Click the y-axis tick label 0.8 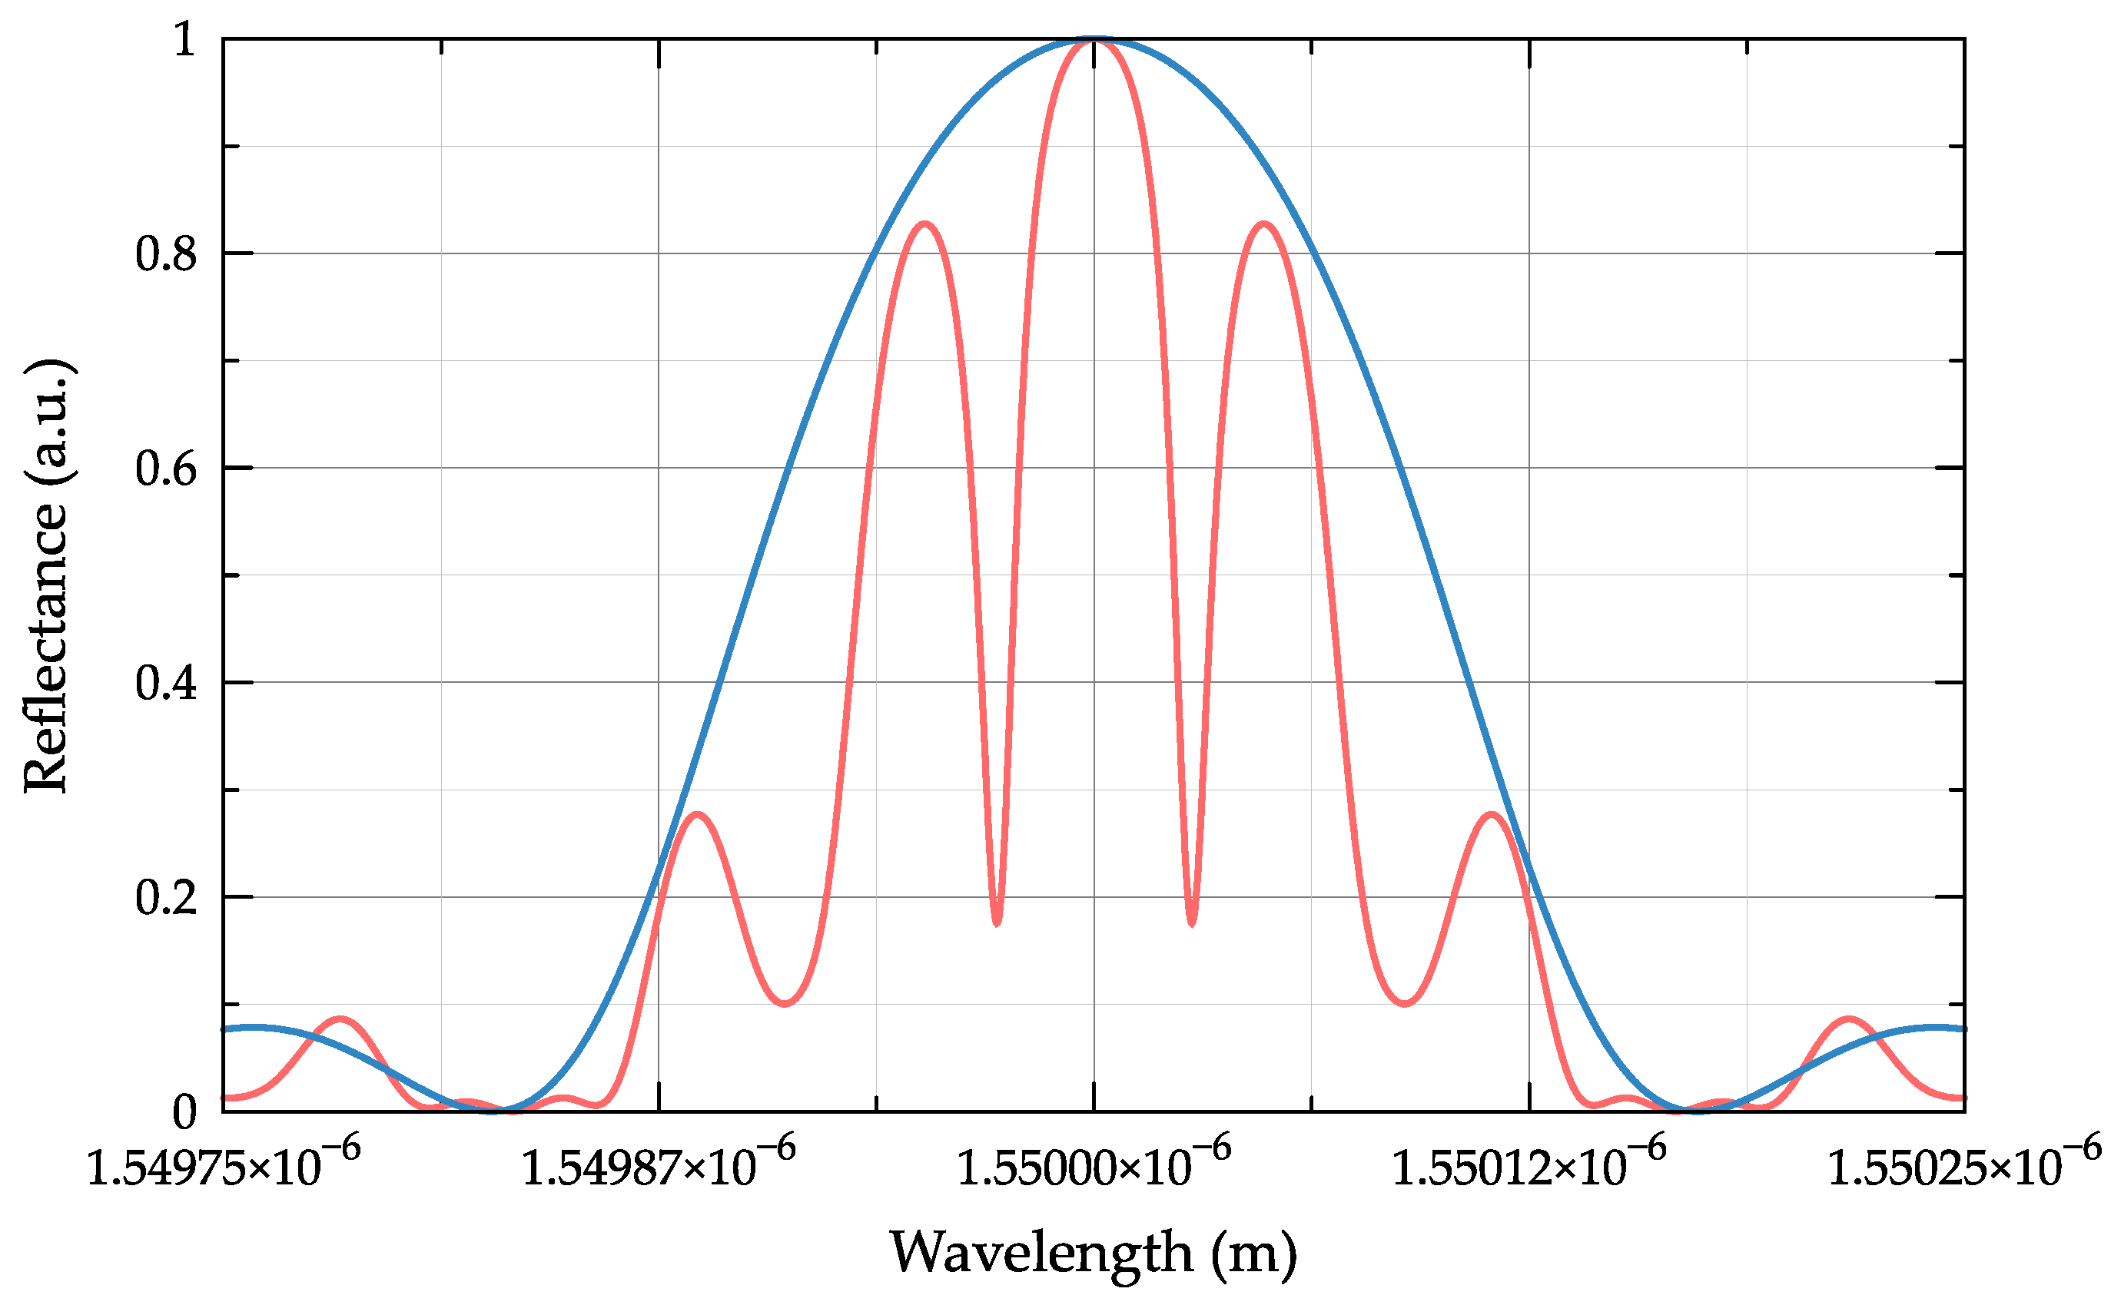(x=166, y=254)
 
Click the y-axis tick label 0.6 (x=166, y=469)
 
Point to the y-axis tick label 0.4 (x=166, y=684)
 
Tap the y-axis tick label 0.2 (x=166, y=898)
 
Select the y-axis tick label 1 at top (x=184, y=41)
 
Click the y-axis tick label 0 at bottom (x=184, y=1112)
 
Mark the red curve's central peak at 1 (x=1094, y=41)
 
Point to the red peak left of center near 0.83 (x=925, y=224)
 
